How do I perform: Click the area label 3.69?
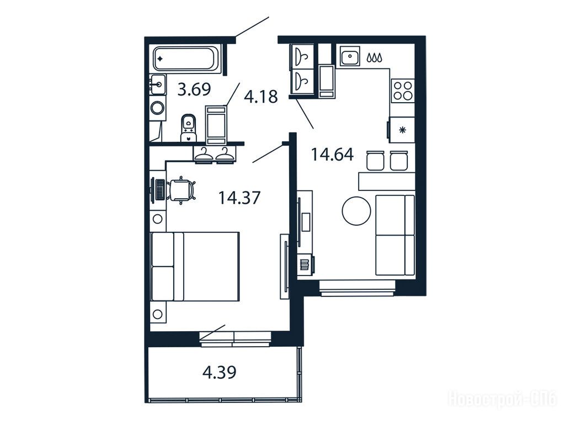[194, 89]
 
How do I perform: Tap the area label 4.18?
[261, 97]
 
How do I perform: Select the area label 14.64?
[332, 155]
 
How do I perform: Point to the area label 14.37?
[239, 198]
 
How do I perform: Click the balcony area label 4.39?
[220, 372]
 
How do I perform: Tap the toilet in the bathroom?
[188, 128]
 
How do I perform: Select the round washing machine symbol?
[157, 108]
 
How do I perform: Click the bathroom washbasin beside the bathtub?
[158, 84]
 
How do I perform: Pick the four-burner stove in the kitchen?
[403, 91]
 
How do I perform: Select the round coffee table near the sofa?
[356, 211]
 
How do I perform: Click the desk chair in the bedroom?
[182, 190]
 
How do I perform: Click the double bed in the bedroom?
[195, 267]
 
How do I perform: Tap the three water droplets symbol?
[375, 57]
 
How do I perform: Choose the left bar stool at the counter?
[375, 161]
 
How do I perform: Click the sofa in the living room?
[395, 235]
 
